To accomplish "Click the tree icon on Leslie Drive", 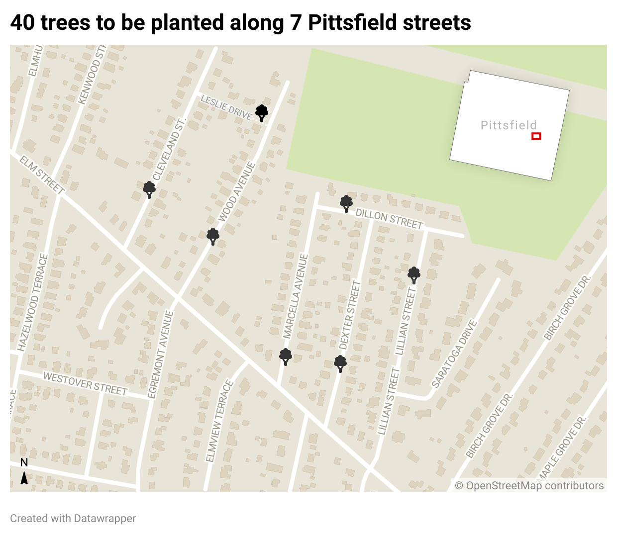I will click(x=262, y=113).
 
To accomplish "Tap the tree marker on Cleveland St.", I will click(x=149, y=189).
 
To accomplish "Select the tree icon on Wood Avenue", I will click(x=213, y=236).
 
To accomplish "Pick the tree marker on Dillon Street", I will click(x=346, y=203).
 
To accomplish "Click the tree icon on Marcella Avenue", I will click(x=286, y=357).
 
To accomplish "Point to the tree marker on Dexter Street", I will click(x=340, y=363).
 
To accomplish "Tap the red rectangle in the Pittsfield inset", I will click(x=536, y=136).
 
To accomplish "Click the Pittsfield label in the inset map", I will click(x=509, y=125).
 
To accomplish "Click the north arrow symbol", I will click(x=24, y=478).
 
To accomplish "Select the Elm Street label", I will click(x=42, y=175).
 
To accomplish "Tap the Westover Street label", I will click(x=85, y=383).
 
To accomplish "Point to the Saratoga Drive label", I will click(x=454, y=354).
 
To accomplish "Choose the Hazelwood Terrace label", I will click(x=33, y=302).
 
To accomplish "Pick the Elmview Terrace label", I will click(x=219, y=421).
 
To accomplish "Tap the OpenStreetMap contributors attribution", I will click(x=529, y=486).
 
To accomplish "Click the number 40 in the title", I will click(x=22, y=22).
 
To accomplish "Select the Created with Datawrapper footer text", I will click(x=73, y=518).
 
